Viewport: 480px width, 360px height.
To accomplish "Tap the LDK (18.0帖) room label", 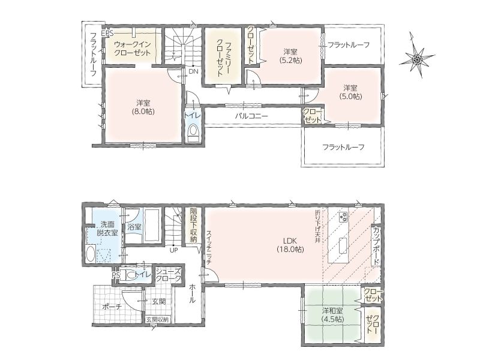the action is pyautogui.click(x=290, y=245).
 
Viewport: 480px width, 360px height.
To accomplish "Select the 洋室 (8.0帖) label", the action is pyautogui.click(x=143, y=107).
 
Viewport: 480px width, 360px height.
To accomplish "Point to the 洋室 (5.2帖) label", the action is pyautogui.click(x=290, y=56).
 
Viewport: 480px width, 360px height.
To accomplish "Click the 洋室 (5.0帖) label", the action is pyautogui.click(x=350, y=92).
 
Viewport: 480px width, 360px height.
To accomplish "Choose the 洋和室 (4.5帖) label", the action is pyautogui.click(x=332, y=315).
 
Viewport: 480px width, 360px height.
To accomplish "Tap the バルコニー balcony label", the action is pyautogui.click(x=251, y=116).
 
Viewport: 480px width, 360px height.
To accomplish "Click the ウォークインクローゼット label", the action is pyautogui.click(x=132, y=49).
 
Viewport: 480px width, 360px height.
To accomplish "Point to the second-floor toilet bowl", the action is pyautogui.click(x=193, y=131).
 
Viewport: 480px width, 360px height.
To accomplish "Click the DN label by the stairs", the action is pyautogui.click(x=193, y=71).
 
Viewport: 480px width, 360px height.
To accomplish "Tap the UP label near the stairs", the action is pyautogui.click(x=174, y=250).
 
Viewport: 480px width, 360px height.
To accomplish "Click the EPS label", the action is pyautogui.click(x=107, y=33).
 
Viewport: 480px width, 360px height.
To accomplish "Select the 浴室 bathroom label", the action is pyautogui.click(x=134, y=227).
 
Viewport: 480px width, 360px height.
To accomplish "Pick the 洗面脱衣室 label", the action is pyautogui.click(x=107, y=229).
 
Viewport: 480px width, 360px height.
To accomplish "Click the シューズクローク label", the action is pyautogui.click(x=169, y=275).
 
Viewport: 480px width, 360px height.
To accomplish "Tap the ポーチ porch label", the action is pyautogui.click(x=112, y=307).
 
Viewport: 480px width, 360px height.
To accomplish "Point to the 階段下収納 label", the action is pyautogui.click(x=193, y=226).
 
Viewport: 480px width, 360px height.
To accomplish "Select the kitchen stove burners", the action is pyautogui.click(x=343, y=217).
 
